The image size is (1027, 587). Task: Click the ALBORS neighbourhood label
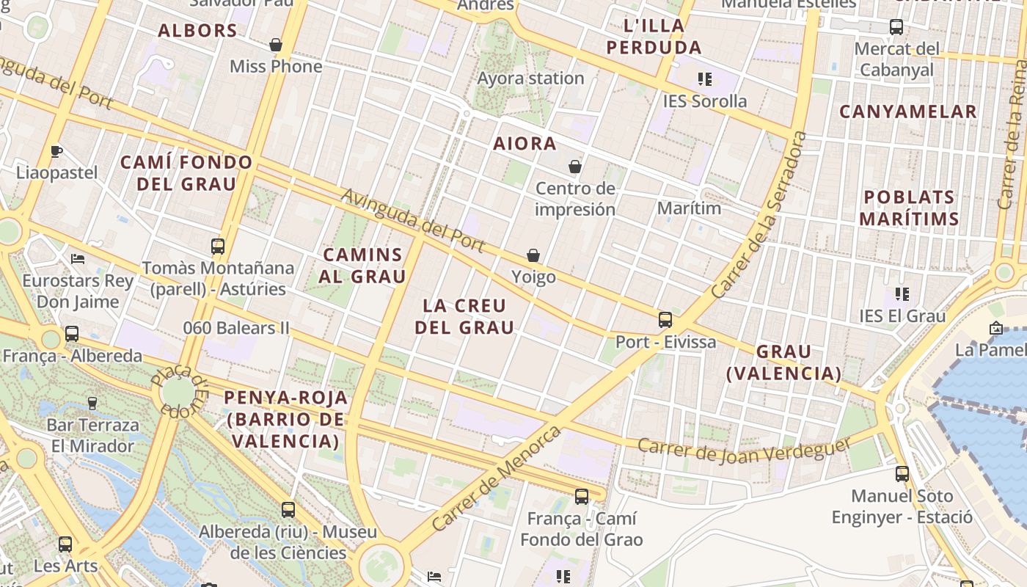[197, 31]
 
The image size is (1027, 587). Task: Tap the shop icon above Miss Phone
[276, 45]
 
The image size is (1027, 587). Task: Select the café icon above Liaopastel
[56, 152]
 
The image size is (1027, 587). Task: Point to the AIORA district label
[525, 144]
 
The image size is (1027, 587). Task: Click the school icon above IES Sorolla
[705, 79]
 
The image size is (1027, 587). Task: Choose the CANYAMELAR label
[907, 112]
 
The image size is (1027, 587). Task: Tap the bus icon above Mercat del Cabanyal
[896, 28]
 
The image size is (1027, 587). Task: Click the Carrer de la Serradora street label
[760, 214]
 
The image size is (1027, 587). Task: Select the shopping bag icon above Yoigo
[533, 255]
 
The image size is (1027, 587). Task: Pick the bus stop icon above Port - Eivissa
[665, 320]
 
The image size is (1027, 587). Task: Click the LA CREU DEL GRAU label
[464, 316]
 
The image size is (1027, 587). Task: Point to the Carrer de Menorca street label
[497, 479]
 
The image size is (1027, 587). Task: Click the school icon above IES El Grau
[902, 294]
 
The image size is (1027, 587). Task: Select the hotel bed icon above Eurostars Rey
[78, 259]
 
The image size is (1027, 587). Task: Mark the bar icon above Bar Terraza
[92, 403]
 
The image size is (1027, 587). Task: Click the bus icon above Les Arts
[65, 544]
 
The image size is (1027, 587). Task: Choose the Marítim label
[689, 208]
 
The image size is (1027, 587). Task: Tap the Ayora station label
[530, 79]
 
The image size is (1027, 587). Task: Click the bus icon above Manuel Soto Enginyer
[902, 474]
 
